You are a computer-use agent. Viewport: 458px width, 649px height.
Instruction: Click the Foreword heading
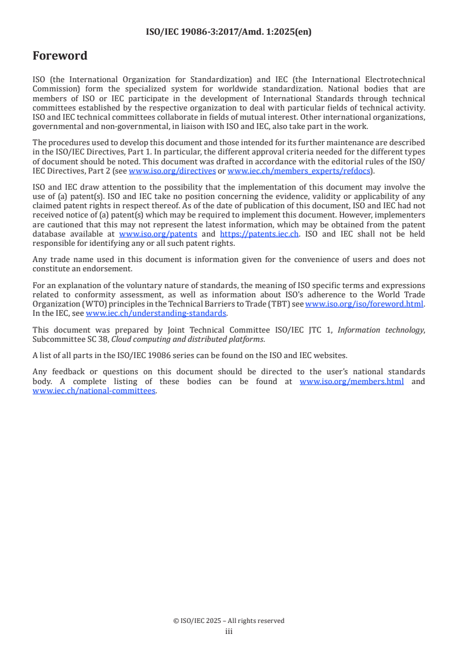59,56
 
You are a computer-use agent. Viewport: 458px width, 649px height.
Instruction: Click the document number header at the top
229,32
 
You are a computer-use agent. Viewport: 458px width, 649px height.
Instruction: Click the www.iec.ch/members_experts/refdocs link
299,171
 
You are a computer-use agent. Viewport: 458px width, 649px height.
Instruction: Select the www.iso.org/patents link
158,234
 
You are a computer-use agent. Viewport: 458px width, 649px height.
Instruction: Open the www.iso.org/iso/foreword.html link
364,304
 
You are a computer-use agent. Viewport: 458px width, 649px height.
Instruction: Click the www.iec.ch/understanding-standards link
156,313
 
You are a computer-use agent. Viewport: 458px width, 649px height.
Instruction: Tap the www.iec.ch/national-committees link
94,391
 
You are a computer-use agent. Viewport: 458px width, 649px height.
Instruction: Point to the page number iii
229,632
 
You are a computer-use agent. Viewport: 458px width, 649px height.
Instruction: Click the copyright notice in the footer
229,621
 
